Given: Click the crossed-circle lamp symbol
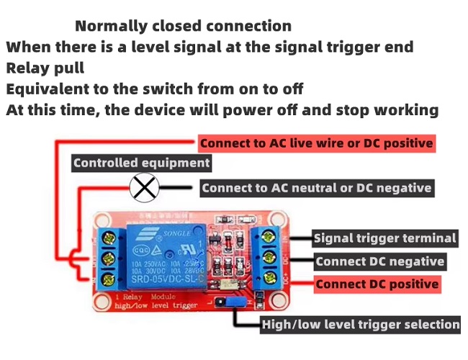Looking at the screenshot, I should pos(144,189).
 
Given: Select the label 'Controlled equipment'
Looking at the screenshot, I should pos(142,163).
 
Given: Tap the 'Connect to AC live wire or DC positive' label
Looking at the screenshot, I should pos(317,143).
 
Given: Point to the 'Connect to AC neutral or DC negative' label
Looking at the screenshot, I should pos(317,189).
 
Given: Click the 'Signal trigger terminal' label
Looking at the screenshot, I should pos(385,238).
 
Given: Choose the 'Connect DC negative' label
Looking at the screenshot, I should pos(379,261).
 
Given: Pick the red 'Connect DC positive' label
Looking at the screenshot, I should pos(377,284).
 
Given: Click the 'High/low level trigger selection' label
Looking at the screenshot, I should pos(360,324).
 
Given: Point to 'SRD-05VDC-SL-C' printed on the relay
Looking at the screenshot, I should pos(165,279).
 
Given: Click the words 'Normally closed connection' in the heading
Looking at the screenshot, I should pos(184,27).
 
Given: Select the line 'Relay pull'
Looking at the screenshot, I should pos(45,68).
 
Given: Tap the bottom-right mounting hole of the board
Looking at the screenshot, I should pos(279,302).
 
